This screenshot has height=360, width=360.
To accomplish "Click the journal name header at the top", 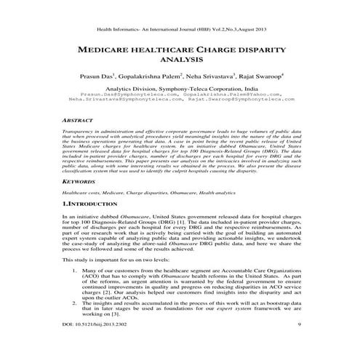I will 180,10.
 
